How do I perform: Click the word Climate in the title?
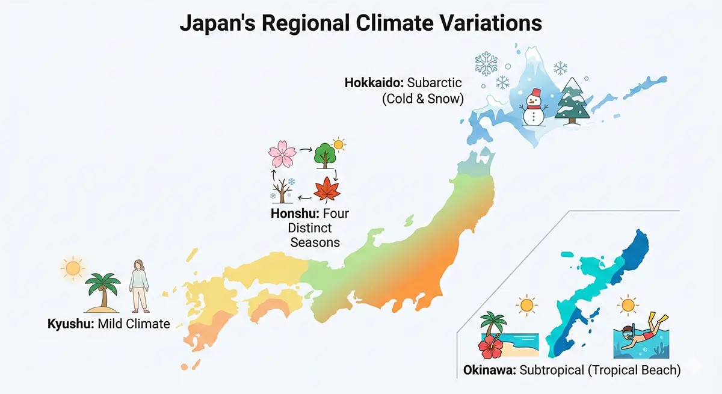[x=395, y=23]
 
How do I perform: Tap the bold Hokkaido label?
[x=374, y=83]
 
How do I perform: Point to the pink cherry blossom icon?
[x=282, y=154]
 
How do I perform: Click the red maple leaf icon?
[x=327, y=189]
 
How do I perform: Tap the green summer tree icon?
[x=325, y=156]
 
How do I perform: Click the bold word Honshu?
[x=295, y=214]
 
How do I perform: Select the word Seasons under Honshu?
[x=315, y=242]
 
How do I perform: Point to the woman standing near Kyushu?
[x=139, y=286]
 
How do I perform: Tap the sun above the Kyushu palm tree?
[x=73, y=268]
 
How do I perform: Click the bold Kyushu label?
[x=71, y=324]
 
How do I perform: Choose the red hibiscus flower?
[x=490, y=346]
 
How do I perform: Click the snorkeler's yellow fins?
[x=658, y=319]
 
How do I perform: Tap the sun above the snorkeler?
[x=628, y=305]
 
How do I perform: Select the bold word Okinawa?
[x=490, y=370]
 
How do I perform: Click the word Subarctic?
[x=434, y=83]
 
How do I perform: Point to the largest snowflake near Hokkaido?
[x=486, y=64]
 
